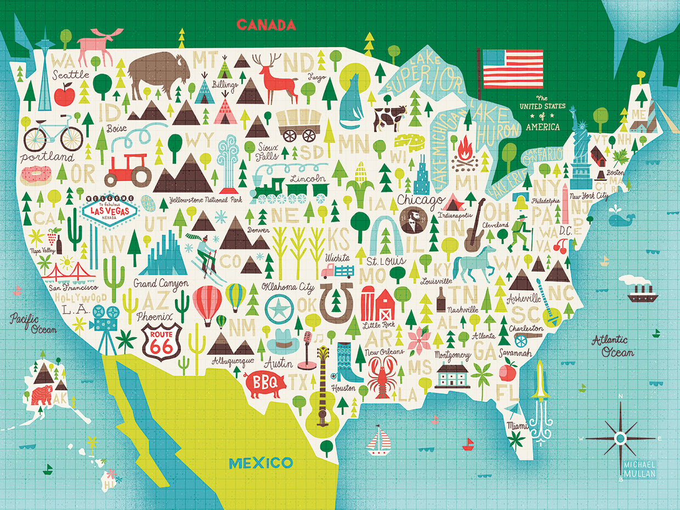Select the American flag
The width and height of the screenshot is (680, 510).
(513, 69)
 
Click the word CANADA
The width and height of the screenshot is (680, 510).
(266, 25)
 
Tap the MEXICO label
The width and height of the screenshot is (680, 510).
(260, 462)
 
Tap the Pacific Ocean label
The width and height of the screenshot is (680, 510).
(33, 323)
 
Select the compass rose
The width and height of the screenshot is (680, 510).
(620, 438)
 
